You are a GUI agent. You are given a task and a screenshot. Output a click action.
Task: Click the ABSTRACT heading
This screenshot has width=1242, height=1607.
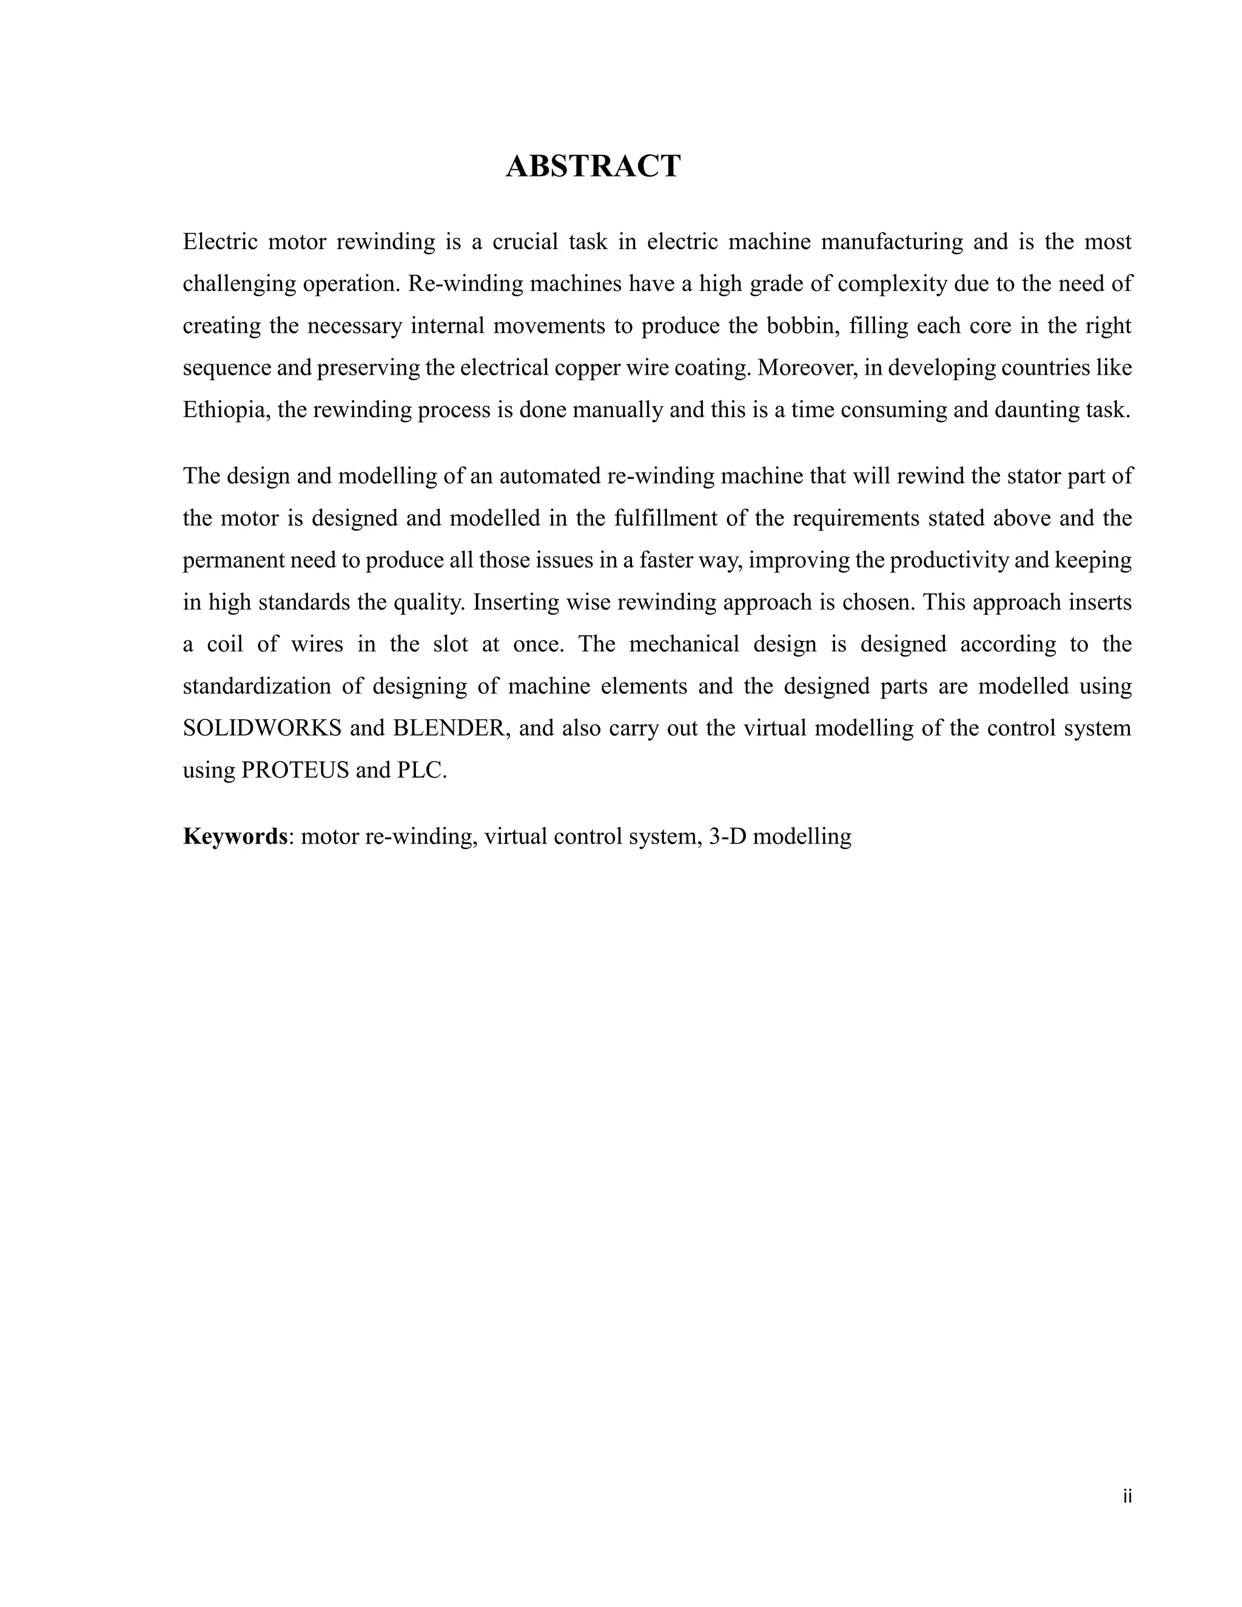(593, 166)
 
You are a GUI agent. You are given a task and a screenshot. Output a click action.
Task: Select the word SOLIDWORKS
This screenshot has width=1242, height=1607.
(262, 728)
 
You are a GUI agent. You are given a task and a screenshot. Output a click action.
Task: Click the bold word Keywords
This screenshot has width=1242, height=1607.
(235, 837)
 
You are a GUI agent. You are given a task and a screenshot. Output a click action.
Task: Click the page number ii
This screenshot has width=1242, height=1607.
(1127, 1497)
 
